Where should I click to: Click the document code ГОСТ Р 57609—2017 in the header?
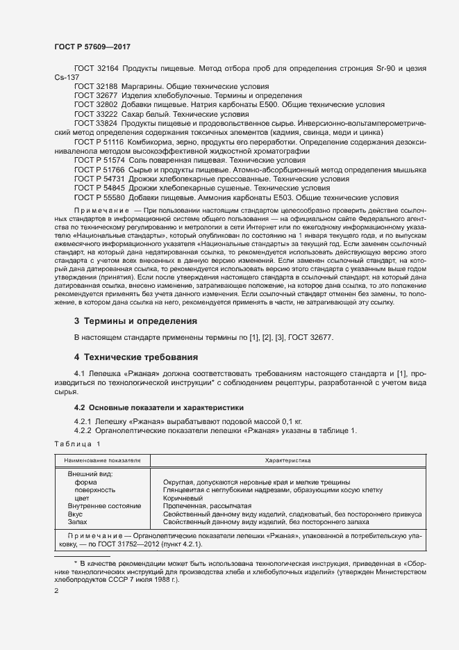[x=92, y=47]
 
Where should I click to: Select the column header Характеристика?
[x=287, y=460]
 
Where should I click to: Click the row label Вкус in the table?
[x=76, y=514]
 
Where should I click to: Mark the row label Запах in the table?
[x=78, y=521]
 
